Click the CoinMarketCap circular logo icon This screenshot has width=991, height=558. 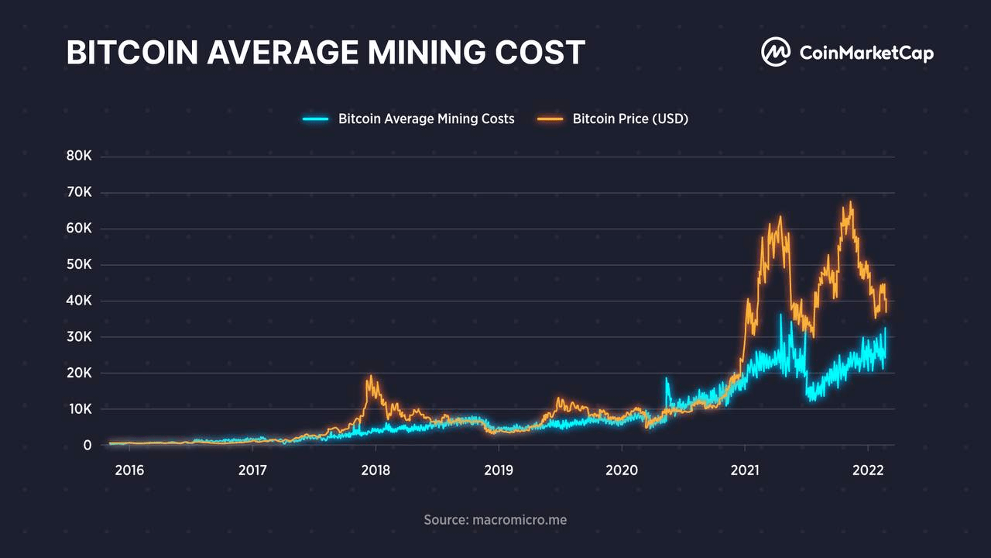point(774,53)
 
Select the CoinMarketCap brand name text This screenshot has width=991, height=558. point(866,53)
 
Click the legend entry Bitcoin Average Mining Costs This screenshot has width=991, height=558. point(426,119)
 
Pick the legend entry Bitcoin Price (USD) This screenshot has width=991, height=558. point(630,119)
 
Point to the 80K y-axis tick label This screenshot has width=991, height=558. point(79,157)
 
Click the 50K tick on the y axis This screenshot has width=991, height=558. point(79,265)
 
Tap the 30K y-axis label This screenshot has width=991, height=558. point(79,337)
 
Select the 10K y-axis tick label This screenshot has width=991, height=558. point(79,409)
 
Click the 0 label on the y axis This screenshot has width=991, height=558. point(87,445)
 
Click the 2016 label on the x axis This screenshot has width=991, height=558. point(129,470)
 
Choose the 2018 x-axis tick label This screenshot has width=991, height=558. point(375,470)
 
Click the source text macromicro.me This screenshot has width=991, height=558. point(495,519)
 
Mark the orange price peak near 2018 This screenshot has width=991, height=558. point(371,377)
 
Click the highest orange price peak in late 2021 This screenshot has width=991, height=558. point(850,203)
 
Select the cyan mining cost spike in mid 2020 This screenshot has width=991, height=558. point(667,379)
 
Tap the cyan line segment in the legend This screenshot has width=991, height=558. point(316,119)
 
